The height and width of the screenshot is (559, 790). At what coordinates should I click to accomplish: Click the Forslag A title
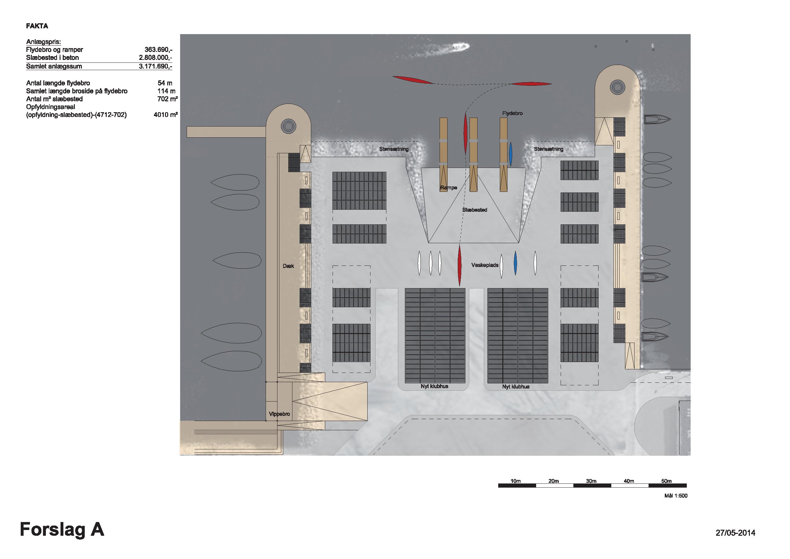[62, 529]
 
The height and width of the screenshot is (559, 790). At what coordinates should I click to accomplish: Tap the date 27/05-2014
[735, 533]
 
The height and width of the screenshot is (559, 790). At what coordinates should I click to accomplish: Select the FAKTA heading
[37, 26]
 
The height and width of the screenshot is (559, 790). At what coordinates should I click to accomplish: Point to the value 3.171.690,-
[155, 66]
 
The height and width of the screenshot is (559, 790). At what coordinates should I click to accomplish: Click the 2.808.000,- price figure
[155, 57]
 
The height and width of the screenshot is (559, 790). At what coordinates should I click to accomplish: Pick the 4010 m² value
[166, 115]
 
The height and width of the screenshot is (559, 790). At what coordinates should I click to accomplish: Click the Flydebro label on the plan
[512, 113]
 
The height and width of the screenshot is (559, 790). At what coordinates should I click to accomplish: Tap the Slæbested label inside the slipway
[475, 210]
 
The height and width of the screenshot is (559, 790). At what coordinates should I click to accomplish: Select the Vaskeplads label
[485, 265]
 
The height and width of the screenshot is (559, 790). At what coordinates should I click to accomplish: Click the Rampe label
[449, 188]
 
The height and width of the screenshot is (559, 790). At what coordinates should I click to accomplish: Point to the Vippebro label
[279, 414]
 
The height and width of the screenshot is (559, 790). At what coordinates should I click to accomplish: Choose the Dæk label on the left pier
[288, 266]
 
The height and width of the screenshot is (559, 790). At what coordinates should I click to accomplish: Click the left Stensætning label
[394, 149]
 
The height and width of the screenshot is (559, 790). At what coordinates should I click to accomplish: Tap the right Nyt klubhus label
[516, 387]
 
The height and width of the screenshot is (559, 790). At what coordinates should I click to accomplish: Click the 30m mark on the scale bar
[591, 481]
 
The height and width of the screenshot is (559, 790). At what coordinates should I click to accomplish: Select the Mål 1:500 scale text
[676, 496]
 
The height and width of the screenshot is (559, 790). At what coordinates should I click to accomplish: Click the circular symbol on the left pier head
[288, 126]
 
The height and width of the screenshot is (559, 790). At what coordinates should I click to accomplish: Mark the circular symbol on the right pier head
[617, 87]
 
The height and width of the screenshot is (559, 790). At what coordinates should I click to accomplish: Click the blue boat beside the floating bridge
[511, 154]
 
